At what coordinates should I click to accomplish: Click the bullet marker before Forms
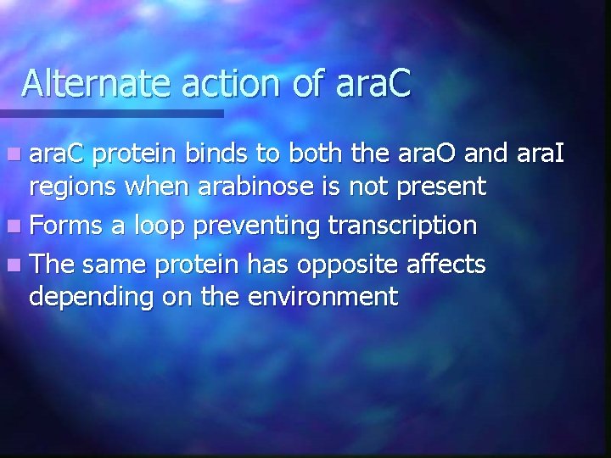(17, 226)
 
